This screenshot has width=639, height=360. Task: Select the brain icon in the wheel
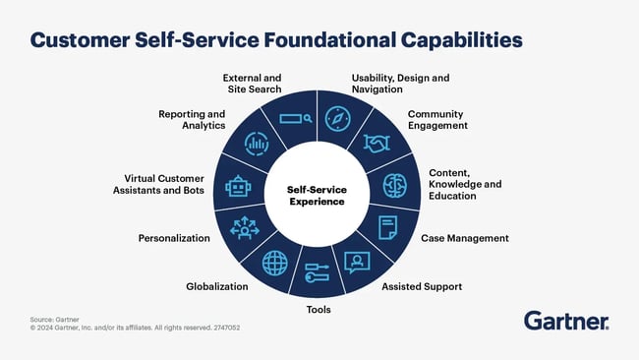pyautogui.click(x=393, y=187)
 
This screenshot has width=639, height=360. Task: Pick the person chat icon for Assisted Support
pyautogui.click(x=356, y=262)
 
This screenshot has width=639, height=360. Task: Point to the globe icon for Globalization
pyautogui.click(x=275, y=262)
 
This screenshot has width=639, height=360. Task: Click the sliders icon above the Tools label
pyautogui.click(x=317, y=272)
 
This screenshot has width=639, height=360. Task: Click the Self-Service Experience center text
pyautogui.click(x=317, y=195)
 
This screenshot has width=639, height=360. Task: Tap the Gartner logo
pyautogui.click(x=565, y=321)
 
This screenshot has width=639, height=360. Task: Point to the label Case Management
pyautogui.click(x=465, y=238)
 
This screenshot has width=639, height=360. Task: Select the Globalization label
pyautogui.click(x=217, y=286)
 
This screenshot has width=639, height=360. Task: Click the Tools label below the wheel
pyautogui.click(x=318, y=310)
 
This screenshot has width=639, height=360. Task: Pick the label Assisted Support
pyautogui.click(x=422, y=287)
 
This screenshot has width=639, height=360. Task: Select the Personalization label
pyautogui.click(x=174, y=238)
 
